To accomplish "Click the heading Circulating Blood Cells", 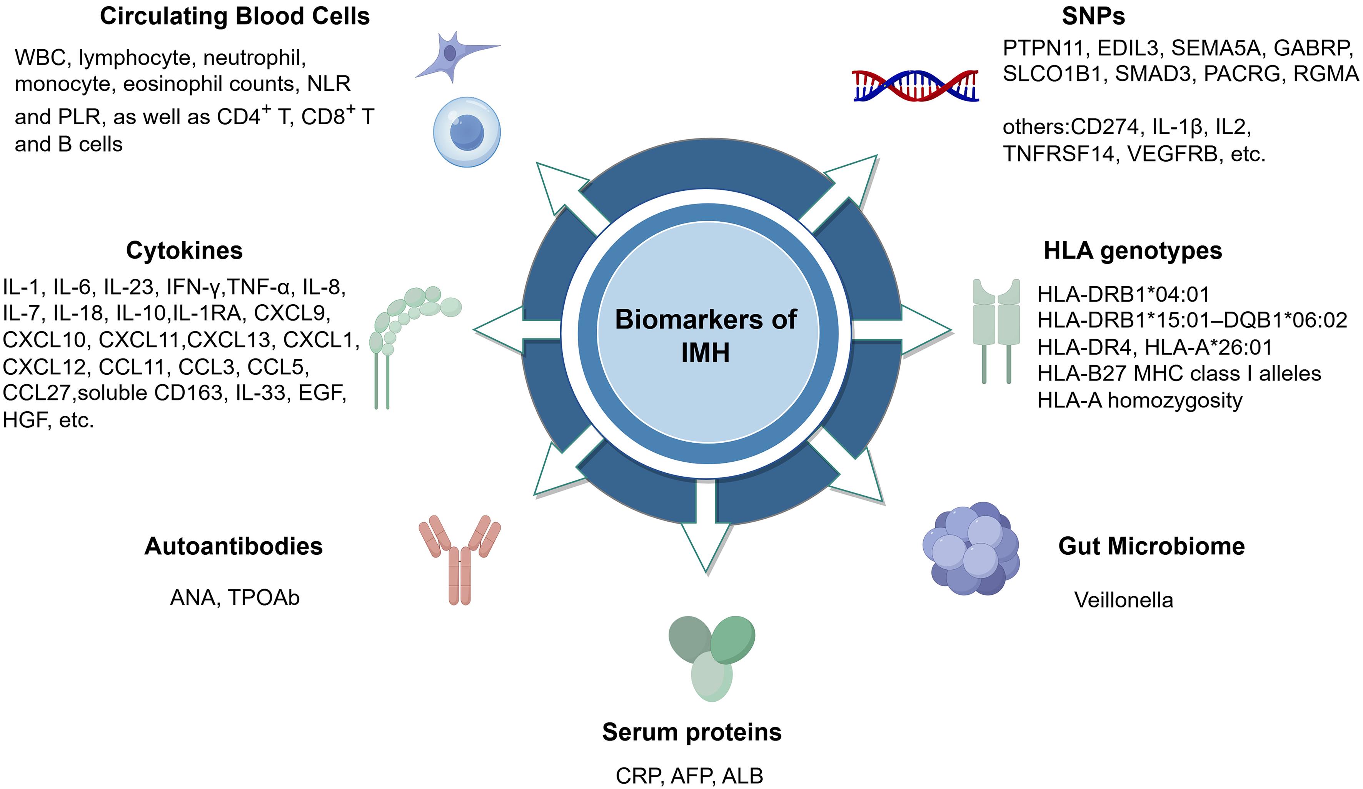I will pos(235,16).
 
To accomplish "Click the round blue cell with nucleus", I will pos(467,132).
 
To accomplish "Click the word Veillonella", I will pos(1123,600).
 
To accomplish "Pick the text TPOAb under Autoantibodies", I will pos(264,597).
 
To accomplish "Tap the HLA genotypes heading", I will pos(1133,251).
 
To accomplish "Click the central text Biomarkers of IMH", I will pos(706,335).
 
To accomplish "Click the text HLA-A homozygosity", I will pos(1139,400).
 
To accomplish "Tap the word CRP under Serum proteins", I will pos(638,776).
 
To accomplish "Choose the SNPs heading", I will pos(1093,16).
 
